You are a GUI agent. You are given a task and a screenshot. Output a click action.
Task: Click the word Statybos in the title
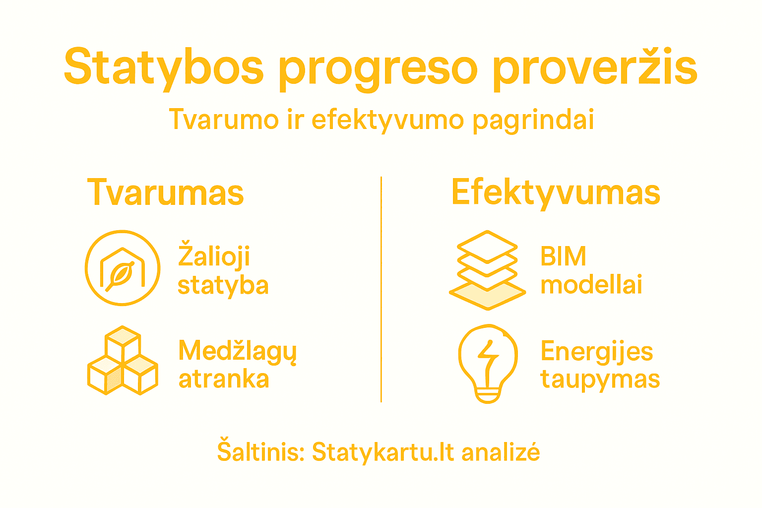164,67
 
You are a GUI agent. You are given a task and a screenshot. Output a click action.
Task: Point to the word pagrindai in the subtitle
533,121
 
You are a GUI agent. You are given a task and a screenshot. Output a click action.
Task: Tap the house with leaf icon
123,268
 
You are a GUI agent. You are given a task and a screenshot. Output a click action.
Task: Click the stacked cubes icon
123,361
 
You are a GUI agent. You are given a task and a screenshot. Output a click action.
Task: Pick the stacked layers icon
487,270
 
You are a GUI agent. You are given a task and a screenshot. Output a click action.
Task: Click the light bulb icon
488,363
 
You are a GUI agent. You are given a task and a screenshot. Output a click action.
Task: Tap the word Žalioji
214,256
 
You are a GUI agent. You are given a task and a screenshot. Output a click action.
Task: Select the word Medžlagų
237,351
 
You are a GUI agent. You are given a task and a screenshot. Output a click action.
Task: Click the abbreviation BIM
563,256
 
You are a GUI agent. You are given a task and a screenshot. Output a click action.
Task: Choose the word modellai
591,285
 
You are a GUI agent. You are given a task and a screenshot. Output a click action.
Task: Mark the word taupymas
600,380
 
